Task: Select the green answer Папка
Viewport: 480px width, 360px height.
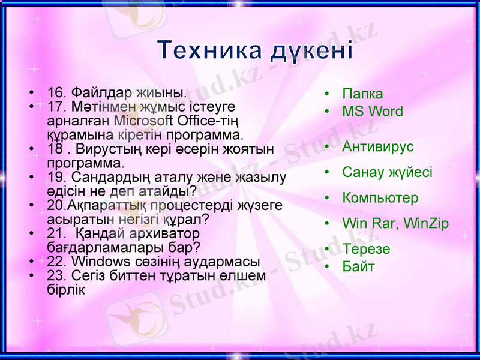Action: point(362,94)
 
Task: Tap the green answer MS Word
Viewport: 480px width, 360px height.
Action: point(373,112)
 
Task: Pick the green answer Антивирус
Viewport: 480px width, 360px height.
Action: point(378,147)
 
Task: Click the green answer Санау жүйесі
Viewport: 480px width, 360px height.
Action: point(387,173)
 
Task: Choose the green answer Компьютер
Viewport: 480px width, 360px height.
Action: point(380,198)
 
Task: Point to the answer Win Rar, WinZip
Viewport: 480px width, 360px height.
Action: point(395,224)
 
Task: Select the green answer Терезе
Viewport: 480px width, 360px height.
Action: point(366,249)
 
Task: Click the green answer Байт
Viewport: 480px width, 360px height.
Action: point(358,266)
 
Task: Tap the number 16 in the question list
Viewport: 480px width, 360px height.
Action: point(55,93)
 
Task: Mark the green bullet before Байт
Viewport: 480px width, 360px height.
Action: point(327,266)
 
